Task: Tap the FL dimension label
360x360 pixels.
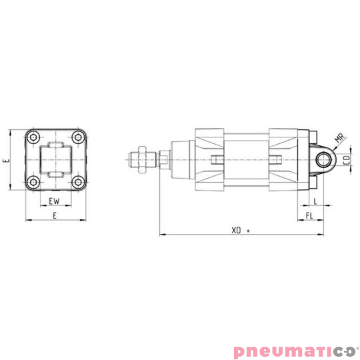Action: pos(309,216)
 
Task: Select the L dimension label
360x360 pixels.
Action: pos(315,200)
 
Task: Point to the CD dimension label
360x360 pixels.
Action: pos(347,160)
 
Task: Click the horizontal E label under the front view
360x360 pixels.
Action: pos(54,215)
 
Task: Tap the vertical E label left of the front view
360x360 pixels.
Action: pos(5,160)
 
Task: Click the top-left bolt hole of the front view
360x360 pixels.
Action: pos(32,138)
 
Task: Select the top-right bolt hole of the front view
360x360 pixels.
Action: pos(79,138)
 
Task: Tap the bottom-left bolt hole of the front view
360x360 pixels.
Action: pos(32,183)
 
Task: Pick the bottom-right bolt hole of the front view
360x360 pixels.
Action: pos(79,183)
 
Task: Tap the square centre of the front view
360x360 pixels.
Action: pos(55,160)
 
